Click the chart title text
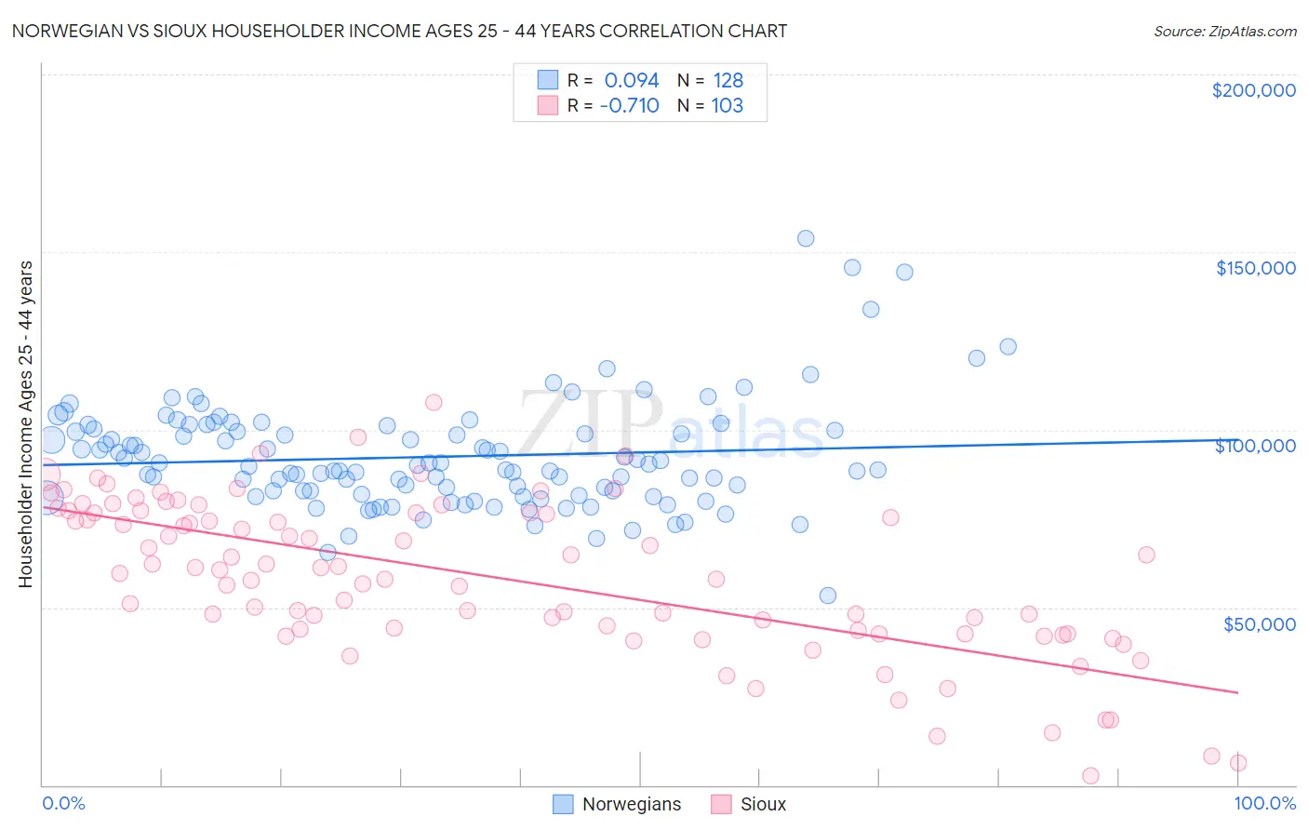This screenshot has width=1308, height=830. point(399,31)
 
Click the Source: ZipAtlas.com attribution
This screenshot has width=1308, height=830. point(1224,31)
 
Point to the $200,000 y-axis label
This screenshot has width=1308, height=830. point(1253,90)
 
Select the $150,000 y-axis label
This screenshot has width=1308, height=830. point(1255,268)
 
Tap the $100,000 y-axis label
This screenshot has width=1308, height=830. point(1255,446)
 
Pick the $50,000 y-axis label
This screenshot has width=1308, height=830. point(1259,623)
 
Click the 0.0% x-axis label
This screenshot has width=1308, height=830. point(63,803)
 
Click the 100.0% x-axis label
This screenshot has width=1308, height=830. point(1264,803)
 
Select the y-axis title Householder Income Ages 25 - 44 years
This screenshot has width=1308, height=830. point(25,424)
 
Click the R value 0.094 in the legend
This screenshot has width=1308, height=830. point(632,81)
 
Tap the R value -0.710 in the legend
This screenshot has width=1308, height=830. point(630,106)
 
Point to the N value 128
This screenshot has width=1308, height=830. point(727,81)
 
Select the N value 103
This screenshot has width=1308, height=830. point(727,106)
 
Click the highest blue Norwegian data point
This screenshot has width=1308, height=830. point(806,238)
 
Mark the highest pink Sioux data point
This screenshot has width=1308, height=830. point(434,402)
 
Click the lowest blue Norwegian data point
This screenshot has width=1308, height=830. point(828,596)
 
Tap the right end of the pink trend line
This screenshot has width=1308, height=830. point(1237,692)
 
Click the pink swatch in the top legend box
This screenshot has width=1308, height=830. point(548,106)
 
